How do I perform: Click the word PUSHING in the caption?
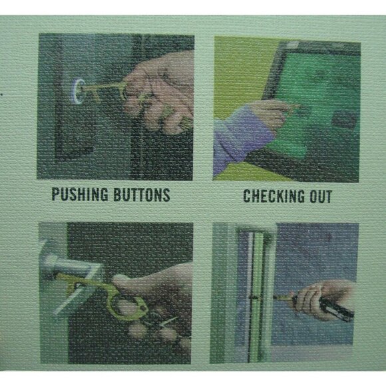80,194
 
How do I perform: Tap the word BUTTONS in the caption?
142,195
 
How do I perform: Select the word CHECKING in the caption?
271,196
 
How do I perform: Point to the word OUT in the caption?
320,197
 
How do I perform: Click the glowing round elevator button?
77,91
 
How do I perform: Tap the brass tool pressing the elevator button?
103,91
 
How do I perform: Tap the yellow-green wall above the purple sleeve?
236,74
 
